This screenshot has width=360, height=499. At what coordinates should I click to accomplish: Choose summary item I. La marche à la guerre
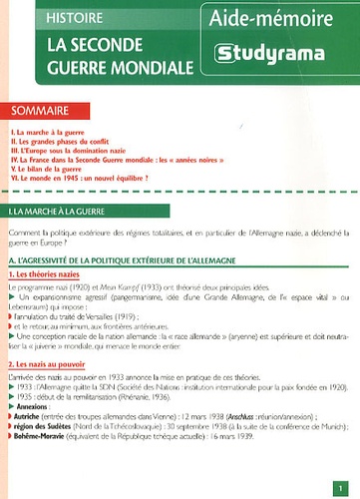tap(50, 132)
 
